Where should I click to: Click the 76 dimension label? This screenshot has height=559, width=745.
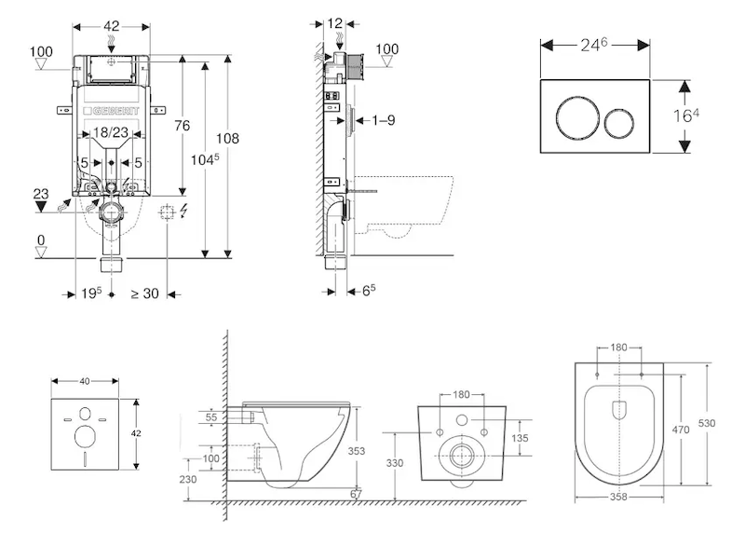(182, 126)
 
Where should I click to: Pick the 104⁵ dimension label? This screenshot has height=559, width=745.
(204, 159)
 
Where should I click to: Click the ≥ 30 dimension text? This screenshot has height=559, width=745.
(144, 293)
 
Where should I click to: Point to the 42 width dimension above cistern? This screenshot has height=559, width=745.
(111, 26)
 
